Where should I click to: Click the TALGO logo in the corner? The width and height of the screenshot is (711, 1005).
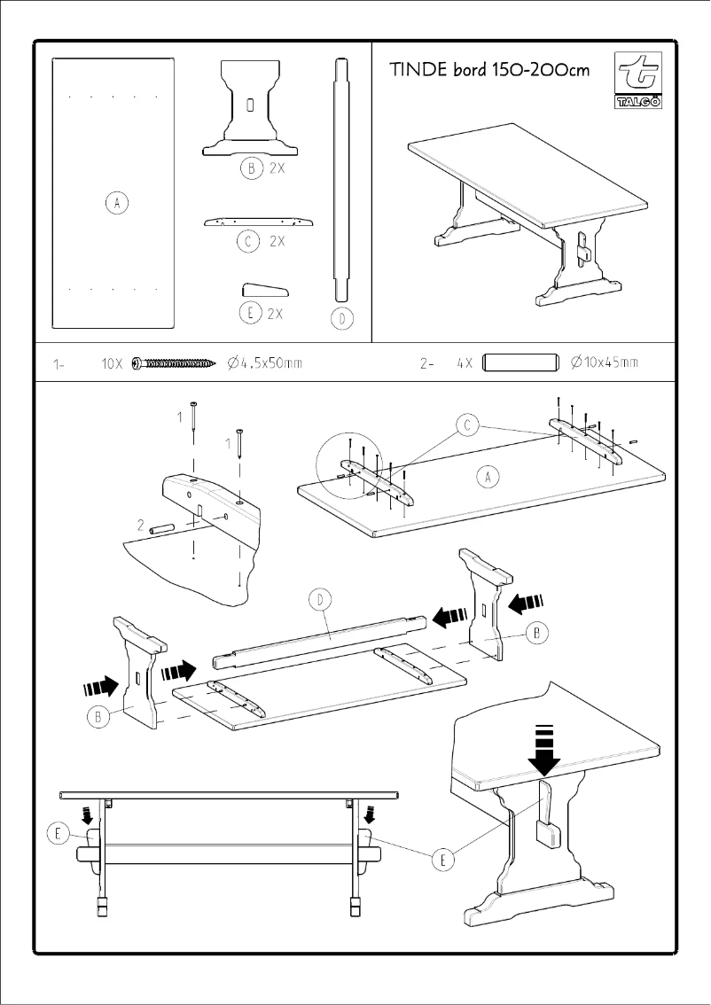[637, 81]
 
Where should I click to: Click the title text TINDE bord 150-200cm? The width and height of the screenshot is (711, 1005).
[488, 70]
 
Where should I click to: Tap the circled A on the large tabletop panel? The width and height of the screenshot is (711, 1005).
[114, 204]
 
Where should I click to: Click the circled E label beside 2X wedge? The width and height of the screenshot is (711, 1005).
[250, 312]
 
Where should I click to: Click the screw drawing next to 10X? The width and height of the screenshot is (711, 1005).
[174, 363]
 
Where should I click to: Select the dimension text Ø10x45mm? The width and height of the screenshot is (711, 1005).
[605, 363]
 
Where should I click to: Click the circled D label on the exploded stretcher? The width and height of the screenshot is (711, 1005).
[320, 601]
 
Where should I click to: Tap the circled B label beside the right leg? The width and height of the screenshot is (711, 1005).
[537, 632]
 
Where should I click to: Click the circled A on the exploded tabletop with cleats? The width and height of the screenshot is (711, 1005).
[488, 478]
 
